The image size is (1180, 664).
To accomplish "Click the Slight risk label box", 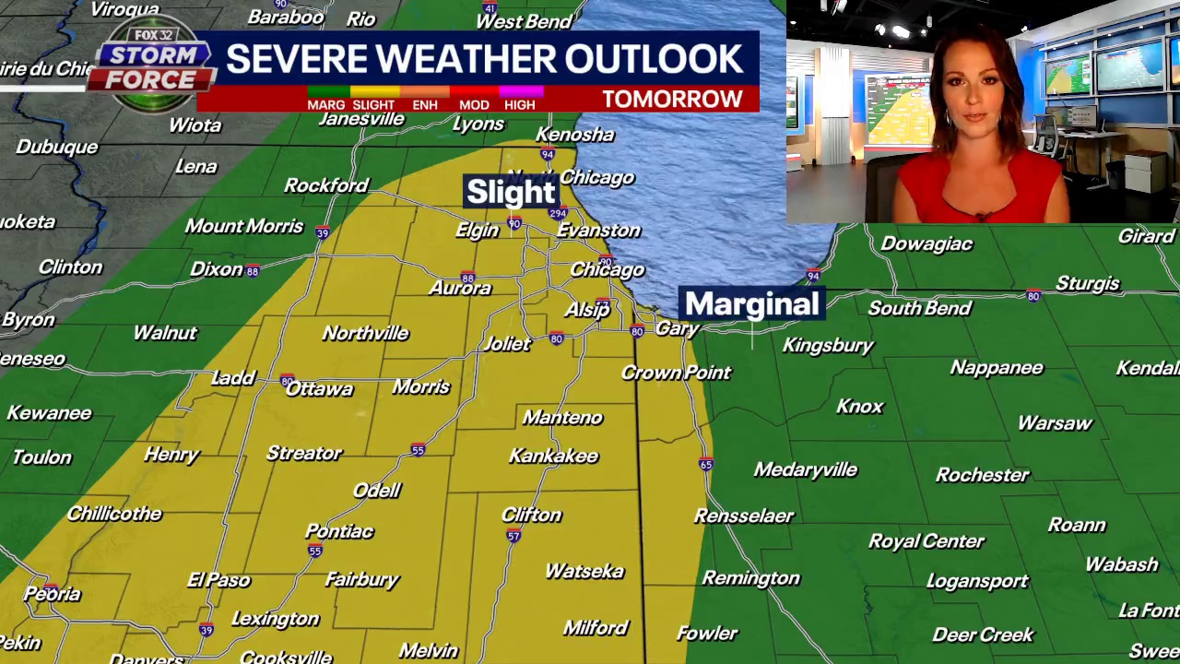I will click(511, 192).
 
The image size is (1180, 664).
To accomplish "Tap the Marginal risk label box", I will click(751, 304).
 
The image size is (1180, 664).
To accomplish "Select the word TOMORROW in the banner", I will click(672, 100).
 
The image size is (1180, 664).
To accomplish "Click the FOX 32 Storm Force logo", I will click(152, 65).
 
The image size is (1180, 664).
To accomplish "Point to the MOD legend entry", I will click(474, 104).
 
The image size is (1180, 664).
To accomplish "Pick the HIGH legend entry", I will click(519, 104).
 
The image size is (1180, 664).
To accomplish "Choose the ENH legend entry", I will click(425, 104).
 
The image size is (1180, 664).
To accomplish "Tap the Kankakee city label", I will click(553, 456).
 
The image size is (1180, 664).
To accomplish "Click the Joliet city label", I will click(507, 344).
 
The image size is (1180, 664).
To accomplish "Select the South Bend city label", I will click(919, 308).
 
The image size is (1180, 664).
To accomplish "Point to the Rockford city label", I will click(325, 185).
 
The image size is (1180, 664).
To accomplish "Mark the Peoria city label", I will click(53, 595).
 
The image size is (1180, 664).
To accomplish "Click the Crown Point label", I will click(676, 373).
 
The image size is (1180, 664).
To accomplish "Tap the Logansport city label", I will click(976, 581).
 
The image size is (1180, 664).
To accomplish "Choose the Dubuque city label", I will click(56, 147).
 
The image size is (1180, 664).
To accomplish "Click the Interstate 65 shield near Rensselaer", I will click(705, 464).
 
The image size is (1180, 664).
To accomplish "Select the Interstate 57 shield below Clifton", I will click(513, 536).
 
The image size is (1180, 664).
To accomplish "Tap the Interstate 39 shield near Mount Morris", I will click(323, 233).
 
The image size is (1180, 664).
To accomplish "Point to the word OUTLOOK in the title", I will click(654, 59).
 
